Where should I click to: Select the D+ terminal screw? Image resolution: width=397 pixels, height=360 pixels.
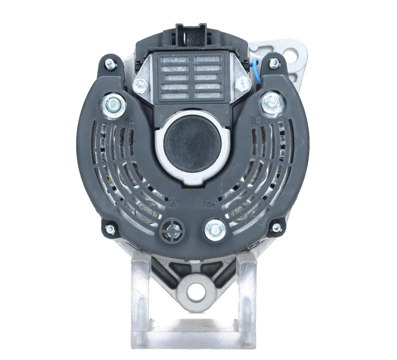point(215,230)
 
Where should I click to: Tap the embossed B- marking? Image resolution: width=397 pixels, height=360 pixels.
point(256,120)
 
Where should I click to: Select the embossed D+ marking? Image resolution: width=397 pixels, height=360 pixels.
point(211,205)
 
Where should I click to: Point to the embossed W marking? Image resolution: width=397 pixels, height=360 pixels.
point(174,203)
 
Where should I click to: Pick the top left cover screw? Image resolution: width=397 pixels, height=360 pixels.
point(110,64)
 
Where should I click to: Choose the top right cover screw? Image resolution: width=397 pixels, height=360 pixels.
point(274,63)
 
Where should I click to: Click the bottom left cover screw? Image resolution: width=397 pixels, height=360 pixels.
point(110,229)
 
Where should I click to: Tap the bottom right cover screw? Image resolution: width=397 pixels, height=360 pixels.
point(276,227)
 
